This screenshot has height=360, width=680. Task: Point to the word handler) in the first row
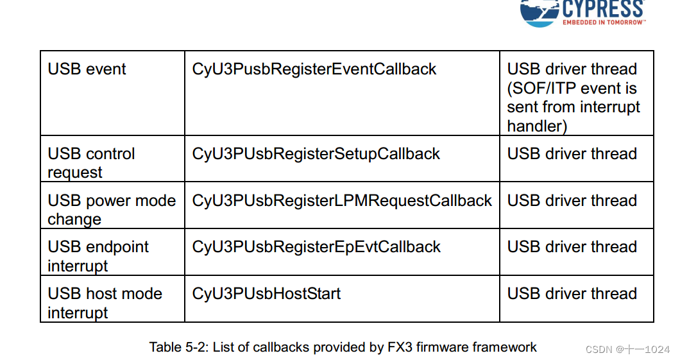tap(537, 126)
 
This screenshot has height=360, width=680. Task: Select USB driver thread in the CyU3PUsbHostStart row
tap(572, 294)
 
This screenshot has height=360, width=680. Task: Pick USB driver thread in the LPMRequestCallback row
tap(572, 201)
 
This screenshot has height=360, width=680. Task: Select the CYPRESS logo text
tap(602, 9)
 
